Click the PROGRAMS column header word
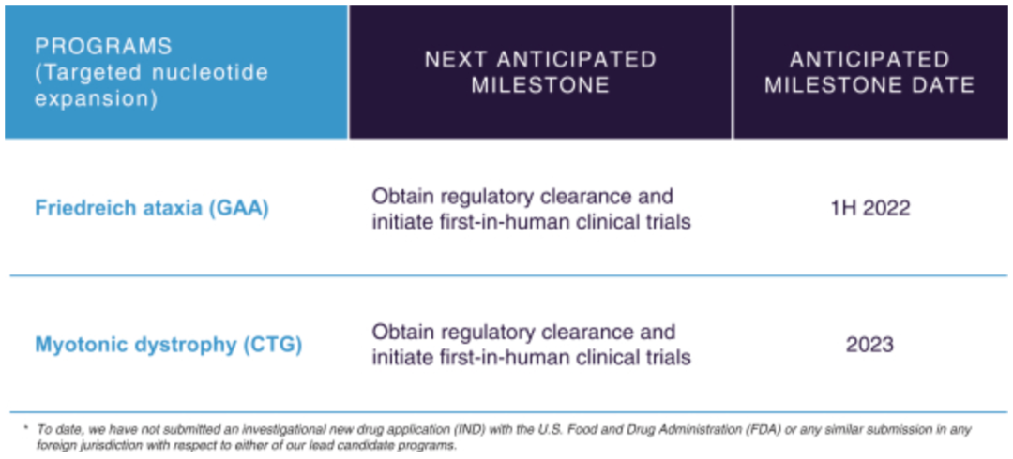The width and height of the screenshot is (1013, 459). pos(103,47)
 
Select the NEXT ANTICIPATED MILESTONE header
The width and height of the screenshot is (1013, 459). pos(541,72)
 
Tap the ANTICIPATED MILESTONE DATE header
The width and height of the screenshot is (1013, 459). pos(870,72)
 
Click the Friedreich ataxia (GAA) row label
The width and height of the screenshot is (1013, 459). pos(152,209)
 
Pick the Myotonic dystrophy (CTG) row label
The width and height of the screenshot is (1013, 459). pos(169,345)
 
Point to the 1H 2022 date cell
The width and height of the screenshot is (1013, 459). pos(870,209)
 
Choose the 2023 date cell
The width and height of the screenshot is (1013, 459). pos(870,345)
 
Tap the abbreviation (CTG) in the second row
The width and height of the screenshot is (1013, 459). pos(273,345)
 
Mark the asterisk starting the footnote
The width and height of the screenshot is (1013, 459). pos(25,427)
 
